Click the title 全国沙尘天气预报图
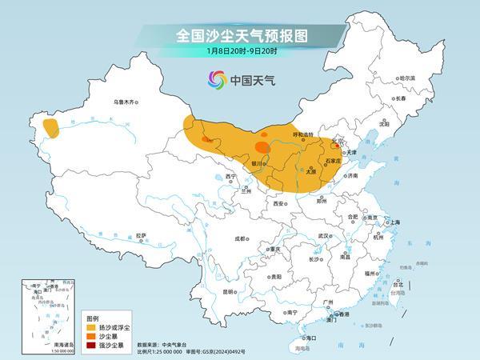tap(241, 35)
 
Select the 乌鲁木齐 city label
tap(126, 102)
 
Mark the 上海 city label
tap(393, 222)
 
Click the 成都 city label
tap(241, 238)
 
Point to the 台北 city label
tap(396, 283)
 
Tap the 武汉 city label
tap(323, 236)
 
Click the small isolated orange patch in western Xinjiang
tap(51, 127)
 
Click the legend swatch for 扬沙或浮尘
tap(92, 327)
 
